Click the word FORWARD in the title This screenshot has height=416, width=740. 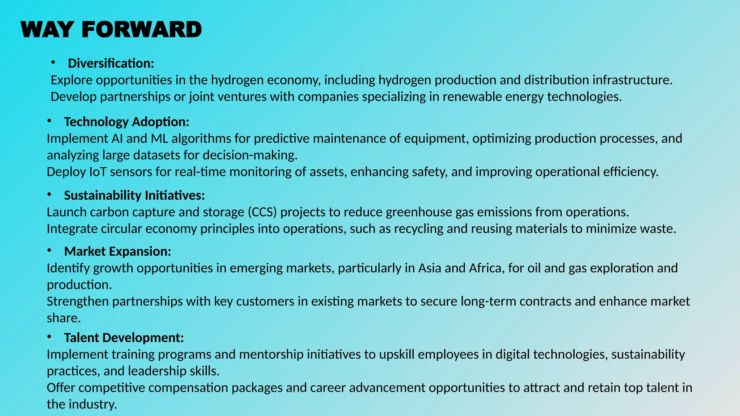[142, 30]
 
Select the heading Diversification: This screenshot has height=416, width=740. [111, 64]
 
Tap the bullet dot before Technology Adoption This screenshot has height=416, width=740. [49, 121]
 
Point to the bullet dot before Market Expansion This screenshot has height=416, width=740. [49, 251]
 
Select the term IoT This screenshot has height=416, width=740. [98, 172]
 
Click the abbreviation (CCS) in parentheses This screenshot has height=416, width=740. [262, 212]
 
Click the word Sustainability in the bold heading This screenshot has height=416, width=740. [103, 195]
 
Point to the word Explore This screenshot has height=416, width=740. [71, 80]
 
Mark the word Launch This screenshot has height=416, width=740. [66, 212]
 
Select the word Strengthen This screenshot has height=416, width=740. [78, 302]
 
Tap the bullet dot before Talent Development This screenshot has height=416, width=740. [49, 337]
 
